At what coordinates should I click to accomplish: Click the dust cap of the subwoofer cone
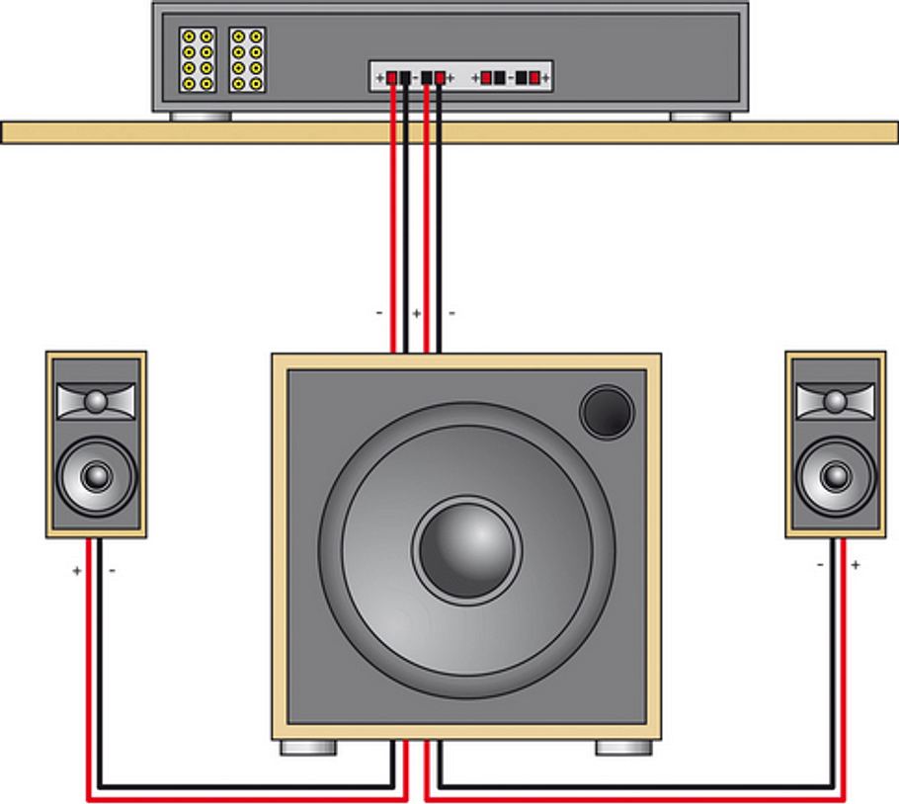(466, 550)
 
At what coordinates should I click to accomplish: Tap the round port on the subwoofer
(607, 411)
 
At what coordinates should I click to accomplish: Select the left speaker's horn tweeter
(96, 401)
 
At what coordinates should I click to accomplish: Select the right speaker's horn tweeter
(836, 401)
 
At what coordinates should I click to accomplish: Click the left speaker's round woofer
(96, 477)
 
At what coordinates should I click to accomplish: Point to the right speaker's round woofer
(836, 477)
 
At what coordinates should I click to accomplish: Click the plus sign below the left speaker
(78, 571)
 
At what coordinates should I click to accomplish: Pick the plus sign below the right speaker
(856, 565)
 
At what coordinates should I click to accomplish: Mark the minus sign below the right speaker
(821, 565)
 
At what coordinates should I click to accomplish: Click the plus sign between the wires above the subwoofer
(416, 313)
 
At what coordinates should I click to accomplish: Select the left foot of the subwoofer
(308, 748)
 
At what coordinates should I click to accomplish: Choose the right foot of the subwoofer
(623, 748)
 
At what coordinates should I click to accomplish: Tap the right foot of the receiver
(700, 116)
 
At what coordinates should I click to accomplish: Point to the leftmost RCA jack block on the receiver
(198, 60)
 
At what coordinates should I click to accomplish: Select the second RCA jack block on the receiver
(247, 60)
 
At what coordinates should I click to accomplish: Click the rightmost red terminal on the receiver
(534, 77)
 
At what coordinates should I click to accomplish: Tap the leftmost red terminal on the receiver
(392, 77)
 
